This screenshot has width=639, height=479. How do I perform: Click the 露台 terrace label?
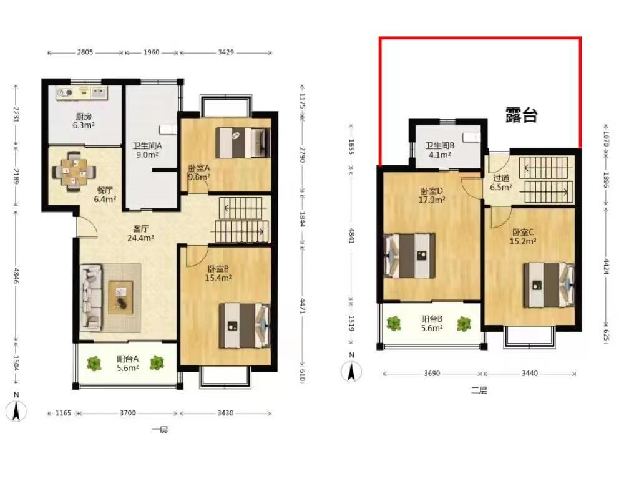pyautogui.click(x=521, y=115)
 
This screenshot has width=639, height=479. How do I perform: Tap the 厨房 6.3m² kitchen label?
pyautogui.click(x=84, y=121)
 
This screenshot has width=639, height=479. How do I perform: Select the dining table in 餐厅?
pyautogui.click(x=74, y=171)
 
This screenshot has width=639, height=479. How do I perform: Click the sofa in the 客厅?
pyautogui.click(x=91, y=297)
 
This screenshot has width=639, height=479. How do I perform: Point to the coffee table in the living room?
pyautogui.click(x=120, y=298)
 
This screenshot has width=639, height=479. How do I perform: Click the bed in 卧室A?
pyautogui.click(x=243, y=143)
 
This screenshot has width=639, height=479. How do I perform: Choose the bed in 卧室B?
pyautogui.click(x=245, y=326)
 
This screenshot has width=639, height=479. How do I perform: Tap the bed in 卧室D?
pyautogui.click(x=409, y=256)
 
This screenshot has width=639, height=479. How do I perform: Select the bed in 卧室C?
pyautogui.click(x=549, y=284)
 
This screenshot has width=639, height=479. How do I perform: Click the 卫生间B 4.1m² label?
pyautogui.click(x=440, y=150)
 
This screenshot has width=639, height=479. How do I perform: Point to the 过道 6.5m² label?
pyautogui.click(x=501, y=183)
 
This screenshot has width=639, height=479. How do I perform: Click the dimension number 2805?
pyautogui.click(x=85, y=52)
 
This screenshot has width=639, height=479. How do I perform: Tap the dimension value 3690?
pyautogui.click(x=432, y=374)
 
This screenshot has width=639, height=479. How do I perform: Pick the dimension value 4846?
pyautogui.click(x=16, y=275)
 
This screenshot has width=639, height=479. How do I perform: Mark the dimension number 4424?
pyautogui.click(x=606, y=266)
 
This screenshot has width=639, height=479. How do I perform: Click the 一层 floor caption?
pyautogui.click(x=159, y=430)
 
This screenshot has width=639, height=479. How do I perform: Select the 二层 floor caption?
pyautogui.click(x=479, y=390)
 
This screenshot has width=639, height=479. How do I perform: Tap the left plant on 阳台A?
pyautogui.click(x=94, y=363)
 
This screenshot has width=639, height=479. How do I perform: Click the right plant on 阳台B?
pyautogui.click(x=464, y=324)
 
